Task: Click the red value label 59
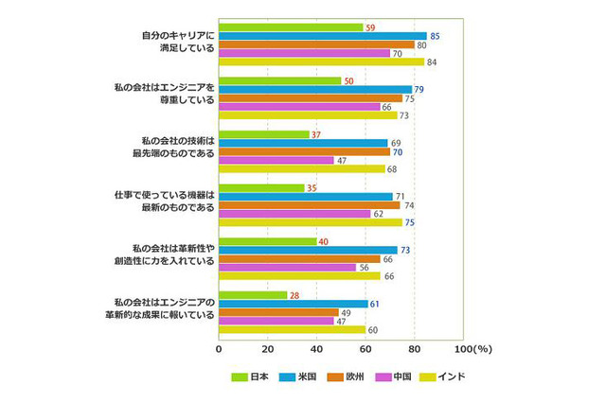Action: tap(370, 26)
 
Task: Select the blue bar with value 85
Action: tap(322, 36)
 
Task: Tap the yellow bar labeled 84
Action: tap(321, 62)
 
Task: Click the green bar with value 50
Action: tap(279, 80)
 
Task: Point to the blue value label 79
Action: tap(419, 90)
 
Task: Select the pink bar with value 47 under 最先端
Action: tap(276, 160)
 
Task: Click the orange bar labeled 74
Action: tap(309, 205)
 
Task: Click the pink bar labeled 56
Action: tap(287, 268)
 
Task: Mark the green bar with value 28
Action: tap(253, 295)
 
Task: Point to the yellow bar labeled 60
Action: tap(292, 330)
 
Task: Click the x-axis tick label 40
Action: tap(317, 348)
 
